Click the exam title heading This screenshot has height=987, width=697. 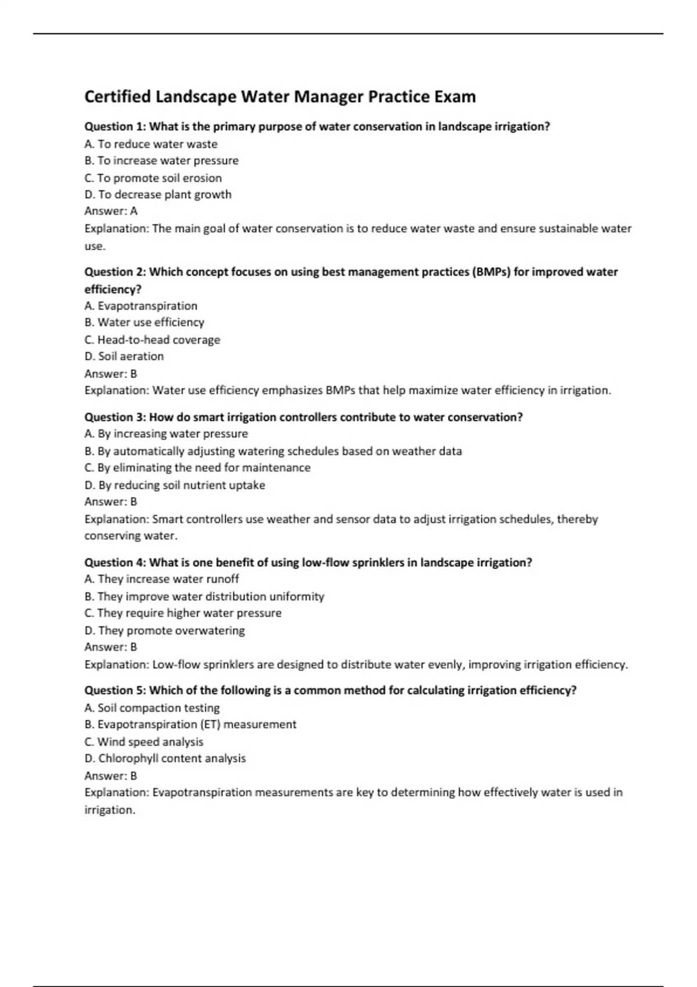280,96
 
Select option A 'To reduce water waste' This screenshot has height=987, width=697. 151,144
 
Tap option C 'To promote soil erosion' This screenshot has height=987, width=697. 153,178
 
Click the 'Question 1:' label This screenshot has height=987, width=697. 115,127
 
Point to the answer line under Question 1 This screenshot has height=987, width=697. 111,211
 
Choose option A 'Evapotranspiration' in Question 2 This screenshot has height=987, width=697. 141,305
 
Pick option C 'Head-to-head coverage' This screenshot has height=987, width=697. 152,340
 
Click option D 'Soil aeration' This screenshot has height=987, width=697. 124,356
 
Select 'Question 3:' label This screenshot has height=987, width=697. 115,417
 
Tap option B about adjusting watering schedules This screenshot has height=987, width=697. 273,451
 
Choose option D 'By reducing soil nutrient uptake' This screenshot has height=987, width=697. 174,485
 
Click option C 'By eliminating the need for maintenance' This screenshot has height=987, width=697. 197,467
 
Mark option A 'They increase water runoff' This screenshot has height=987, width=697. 161,579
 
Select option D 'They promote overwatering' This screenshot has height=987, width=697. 164,630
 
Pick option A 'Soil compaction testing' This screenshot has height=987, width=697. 152,708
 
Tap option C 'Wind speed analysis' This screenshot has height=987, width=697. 143,741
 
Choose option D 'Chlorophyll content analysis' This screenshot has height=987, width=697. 165,758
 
